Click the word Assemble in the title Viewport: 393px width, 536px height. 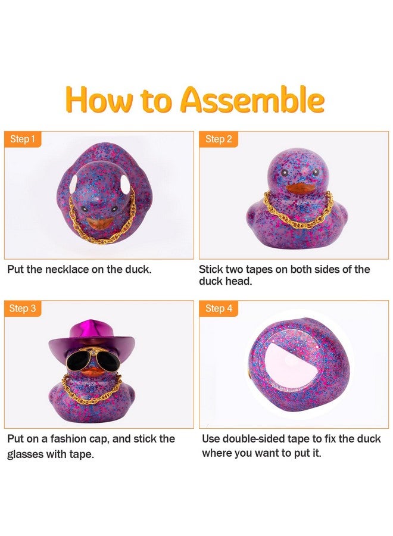[x=252, y=99]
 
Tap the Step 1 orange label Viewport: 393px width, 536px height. [x=23, y=139]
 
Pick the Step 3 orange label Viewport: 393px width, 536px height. [x=23, y=308]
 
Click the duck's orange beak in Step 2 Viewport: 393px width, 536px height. [x=297, y=189]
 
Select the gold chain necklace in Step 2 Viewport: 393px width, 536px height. [x=298, y=214]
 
